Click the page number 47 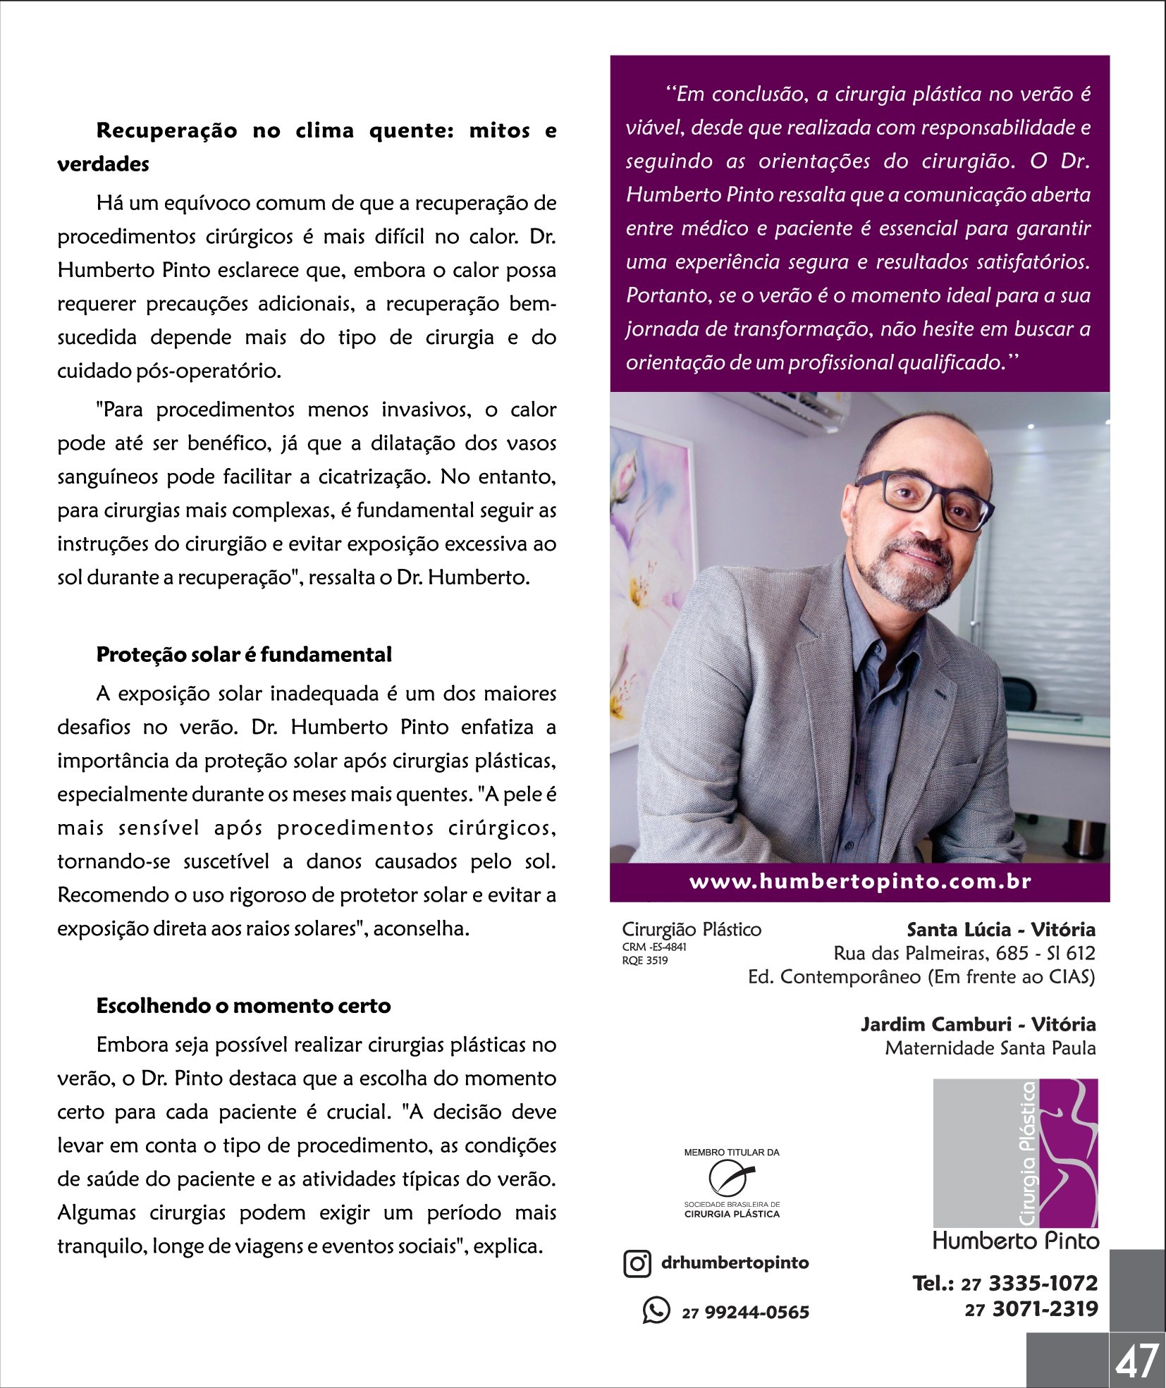click(1136, 1361)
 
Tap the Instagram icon click(637, 1263)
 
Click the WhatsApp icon click(656, 1310)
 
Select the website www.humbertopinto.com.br click(859, 882)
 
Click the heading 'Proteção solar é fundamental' click(244, 654)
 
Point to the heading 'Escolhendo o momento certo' click(243, 1005)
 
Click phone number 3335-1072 click(1043, 1283)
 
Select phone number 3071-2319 click(1045, 1310)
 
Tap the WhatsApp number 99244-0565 click(756, 1312)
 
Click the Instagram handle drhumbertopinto click(735, 1263)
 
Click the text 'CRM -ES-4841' click(654, 947)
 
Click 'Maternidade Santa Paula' click(990, 1048)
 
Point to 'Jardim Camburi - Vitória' click(978, 1024)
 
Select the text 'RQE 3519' click(644, 960)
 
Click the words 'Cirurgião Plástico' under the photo click(691, 929)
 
